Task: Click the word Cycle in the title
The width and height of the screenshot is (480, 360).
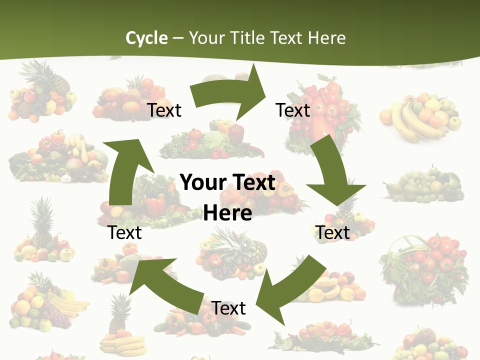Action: pos(146,38)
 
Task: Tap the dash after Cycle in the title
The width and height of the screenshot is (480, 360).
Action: pos(178,38)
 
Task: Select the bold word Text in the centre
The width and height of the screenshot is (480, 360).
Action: pos(252,183)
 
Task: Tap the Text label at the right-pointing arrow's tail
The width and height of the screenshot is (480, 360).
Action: pos(164,110)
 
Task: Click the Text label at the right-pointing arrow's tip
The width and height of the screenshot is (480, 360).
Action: pos(293,110)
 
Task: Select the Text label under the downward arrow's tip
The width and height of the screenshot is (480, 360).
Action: pos(332,232)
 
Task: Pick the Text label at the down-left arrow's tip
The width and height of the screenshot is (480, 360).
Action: pos(228,308)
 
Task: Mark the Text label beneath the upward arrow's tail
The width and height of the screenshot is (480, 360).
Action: pos(125,232)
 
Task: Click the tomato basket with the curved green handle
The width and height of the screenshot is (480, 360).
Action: pos(425,265)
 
